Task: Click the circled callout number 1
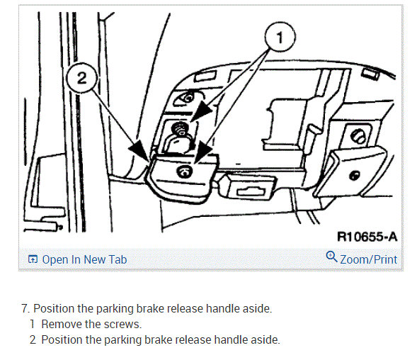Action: point(280,37)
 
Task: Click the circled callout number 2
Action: point(81,78)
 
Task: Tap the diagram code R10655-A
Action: point(367,237)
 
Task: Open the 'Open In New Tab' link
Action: point(84,259)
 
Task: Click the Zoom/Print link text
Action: point(369,259)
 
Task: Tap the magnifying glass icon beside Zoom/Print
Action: point(331,257)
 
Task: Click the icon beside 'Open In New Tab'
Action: point(33,259)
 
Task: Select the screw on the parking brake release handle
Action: point(184,171)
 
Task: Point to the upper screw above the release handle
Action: point(181,128)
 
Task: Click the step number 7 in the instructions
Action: point(25,309)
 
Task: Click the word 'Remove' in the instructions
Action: point(62,325)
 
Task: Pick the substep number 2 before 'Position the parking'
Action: point(33,339)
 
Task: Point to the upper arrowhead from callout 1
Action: point(202,111)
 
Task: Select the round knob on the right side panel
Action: point(358,136)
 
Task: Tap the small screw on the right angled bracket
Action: point(355,176)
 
